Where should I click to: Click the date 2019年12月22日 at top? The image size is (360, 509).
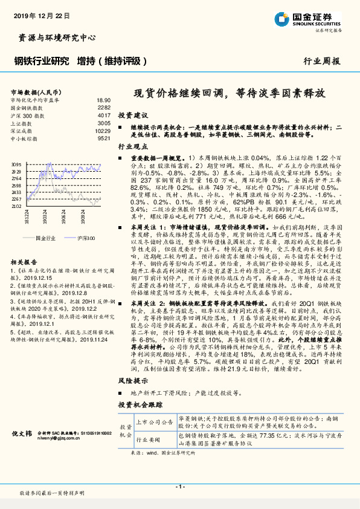tap(40, 13)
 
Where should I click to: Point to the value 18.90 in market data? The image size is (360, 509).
tap(103, 100)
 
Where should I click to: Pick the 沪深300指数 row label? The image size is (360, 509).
tap(27, 115)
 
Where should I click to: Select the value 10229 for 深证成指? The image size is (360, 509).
tap(103, 131)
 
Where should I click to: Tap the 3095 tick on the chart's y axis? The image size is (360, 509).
tap(16, 164)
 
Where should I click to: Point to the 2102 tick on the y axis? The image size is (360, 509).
tap(16, 206)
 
